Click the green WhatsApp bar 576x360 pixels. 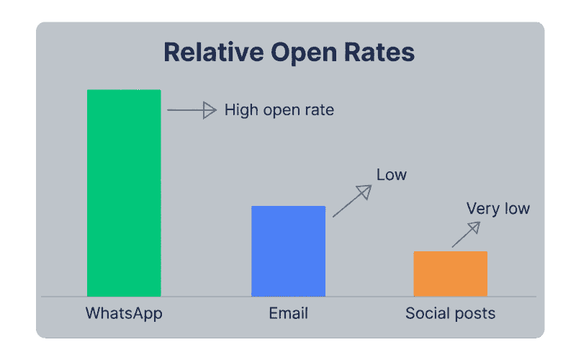[124, 192]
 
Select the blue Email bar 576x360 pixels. [288, 251]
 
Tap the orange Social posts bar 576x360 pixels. [450, 274]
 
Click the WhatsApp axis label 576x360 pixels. [124, 314]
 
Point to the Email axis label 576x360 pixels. [288, 314]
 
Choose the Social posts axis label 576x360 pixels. [450, 314]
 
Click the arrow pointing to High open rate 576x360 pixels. [192, 110]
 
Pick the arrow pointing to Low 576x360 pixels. [352, 201]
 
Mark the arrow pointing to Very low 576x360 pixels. [466, 235]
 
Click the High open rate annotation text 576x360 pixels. [279, 111]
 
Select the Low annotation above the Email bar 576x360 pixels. [392, 174]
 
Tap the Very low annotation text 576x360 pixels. [498, 209]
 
